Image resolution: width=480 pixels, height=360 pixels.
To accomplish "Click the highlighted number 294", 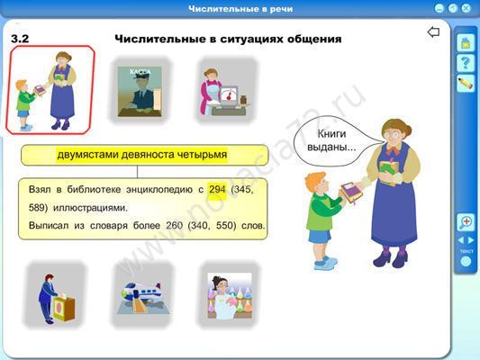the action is (217, 189).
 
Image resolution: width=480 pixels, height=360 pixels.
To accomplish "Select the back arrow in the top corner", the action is (433, 31).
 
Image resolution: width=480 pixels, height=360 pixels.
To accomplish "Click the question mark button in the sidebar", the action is (466, 63).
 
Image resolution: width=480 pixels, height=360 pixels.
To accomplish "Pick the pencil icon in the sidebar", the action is (466, 83).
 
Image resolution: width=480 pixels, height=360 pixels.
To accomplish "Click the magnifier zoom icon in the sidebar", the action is (466, 221).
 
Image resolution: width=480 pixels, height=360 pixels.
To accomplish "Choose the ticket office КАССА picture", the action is (140, 92).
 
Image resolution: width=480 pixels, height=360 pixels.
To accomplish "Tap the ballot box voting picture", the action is (56, 298).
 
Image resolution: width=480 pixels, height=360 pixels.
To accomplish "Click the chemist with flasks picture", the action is (230, 296).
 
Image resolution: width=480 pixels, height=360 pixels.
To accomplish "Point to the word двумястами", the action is (88, 155).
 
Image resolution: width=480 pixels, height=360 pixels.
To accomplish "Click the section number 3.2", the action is (20, 39).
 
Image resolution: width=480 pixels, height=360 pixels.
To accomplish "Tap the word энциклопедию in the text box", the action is (161, 190).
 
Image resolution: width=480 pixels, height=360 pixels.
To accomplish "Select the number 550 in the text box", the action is (226, 226).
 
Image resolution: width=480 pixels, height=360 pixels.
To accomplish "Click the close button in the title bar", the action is (466, 8).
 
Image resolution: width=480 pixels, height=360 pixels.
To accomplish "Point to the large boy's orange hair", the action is (316, 181).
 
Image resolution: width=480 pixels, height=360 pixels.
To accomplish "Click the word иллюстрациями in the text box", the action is (90, 208).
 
